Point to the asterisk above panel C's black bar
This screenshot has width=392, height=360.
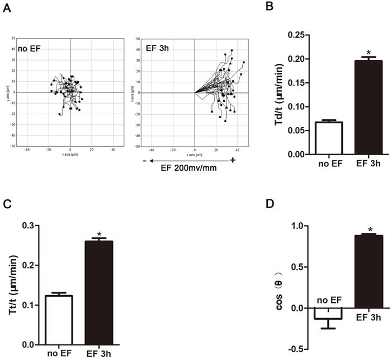(98, 235)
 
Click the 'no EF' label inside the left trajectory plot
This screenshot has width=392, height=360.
(26, 49)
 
